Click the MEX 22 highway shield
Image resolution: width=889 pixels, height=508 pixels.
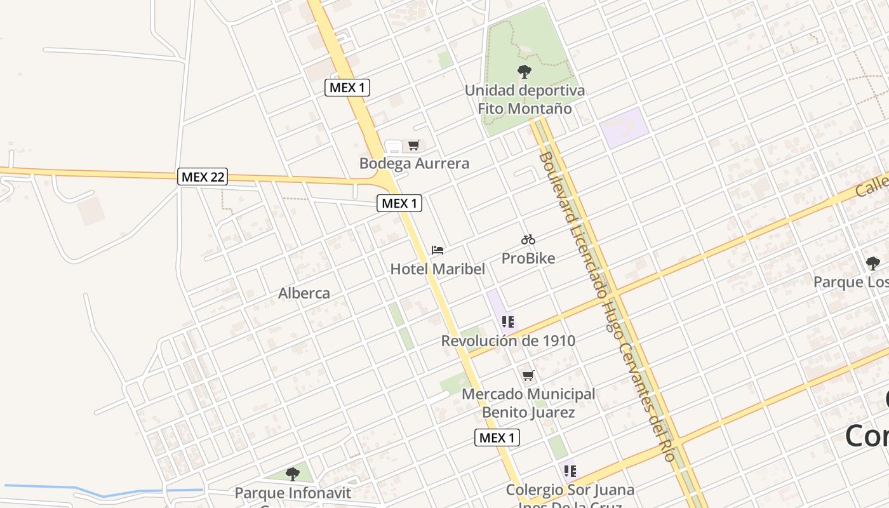pos(202,177)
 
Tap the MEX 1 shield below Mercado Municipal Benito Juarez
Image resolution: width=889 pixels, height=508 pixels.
pos(497,438)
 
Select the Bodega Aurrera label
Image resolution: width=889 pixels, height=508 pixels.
pos(414,163)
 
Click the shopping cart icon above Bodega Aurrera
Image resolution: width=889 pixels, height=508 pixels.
pos(413,145)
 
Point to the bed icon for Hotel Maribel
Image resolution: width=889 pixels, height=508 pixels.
pos(438,250)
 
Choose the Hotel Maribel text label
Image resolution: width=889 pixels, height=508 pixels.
pos(438,269)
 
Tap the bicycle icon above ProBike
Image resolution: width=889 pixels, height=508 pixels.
pos(528,239)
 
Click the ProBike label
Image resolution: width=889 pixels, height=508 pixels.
pos(528,258)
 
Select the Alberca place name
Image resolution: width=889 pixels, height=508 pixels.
pos(304,293)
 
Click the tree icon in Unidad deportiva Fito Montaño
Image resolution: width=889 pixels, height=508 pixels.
pos(525,72)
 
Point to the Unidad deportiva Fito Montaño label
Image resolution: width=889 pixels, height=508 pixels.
pos(525,99)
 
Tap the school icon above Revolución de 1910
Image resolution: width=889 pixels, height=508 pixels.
pos(507,322)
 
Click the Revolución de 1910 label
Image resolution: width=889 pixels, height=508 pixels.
pos(508,340)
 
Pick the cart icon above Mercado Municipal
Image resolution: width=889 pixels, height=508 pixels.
pos(528,376)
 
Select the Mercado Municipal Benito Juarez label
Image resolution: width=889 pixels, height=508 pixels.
pos(528,403)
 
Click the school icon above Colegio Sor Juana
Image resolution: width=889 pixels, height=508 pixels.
pos(570,471)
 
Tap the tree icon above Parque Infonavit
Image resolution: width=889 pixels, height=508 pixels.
pos(292,474)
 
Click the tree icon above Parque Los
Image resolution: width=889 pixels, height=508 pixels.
pos(873,263)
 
